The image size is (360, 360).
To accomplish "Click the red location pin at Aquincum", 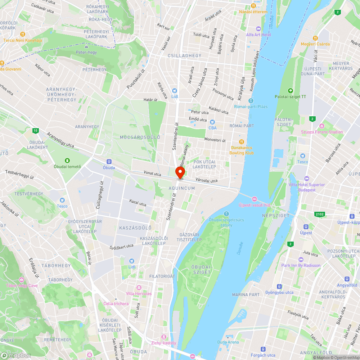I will tap(180, 172).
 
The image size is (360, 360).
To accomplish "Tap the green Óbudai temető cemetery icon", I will tap(67, 160).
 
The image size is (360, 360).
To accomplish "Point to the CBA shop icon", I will tap(212, 122).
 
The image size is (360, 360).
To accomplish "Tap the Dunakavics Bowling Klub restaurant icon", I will tap(241, 142).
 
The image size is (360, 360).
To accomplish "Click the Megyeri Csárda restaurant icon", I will tap(315, 38).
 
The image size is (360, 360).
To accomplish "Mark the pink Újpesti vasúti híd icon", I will tap(254, 199).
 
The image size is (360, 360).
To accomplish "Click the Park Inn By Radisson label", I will tap(301, 265).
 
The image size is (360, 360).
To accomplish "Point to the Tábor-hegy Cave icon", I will tap(22, 280).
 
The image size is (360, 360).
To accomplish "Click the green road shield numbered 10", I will tap(35, 130).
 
